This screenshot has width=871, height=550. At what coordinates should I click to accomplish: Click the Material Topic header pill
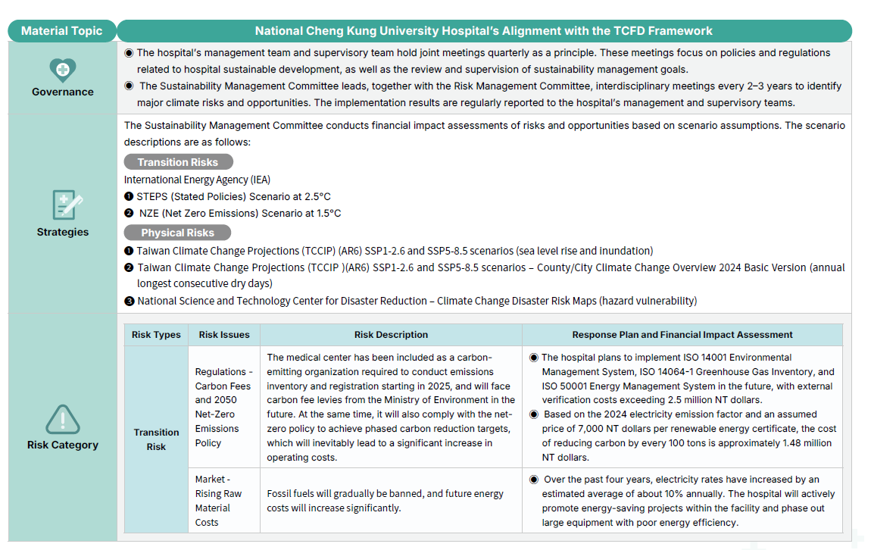pyautogui.click(x=61, y=31)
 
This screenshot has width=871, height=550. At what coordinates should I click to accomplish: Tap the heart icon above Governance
pyautogui.click(x=62, y=70)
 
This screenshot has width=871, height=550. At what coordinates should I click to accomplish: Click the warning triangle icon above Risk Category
pyautogui.click(x=62, y=419)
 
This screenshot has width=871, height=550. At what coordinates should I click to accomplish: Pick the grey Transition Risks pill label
pyautogui.click(x=178, y=162)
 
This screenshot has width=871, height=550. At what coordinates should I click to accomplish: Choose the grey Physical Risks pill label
pyautogui.click(x=177, y=233)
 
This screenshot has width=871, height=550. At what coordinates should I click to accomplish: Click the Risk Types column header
pyautogui.click(x=156, y=335)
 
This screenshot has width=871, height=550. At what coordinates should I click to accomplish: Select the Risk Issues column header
pyautogui.click(x=223, y=335)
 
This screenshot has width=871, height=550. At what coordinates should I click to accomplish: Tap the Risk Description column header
pyautogui.click(x=391, y=335)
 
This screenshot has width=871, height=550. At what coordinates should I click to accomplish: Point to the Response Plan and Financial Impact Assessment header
pyautogui.click(x=682, y=335)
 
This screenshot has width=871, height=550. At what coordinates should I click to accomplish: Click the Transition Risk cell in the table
pyautogui.click(x=156, y=439)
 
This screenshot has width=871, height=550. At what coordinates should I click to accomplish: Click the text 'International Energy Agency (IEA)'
pyautogui.click(x=197, y=180)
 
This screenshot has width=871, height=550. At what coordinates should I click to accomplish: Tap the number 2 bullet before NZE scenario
pyautogui.click(x=130, y=214)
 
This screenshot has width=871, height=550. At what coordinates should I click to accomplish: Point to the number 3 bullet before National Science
pyautogui.click(x=129, y=301)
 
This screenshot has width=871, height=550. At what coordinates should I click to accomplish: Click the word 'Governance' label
pyautogui.click(x=63, y=92)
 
